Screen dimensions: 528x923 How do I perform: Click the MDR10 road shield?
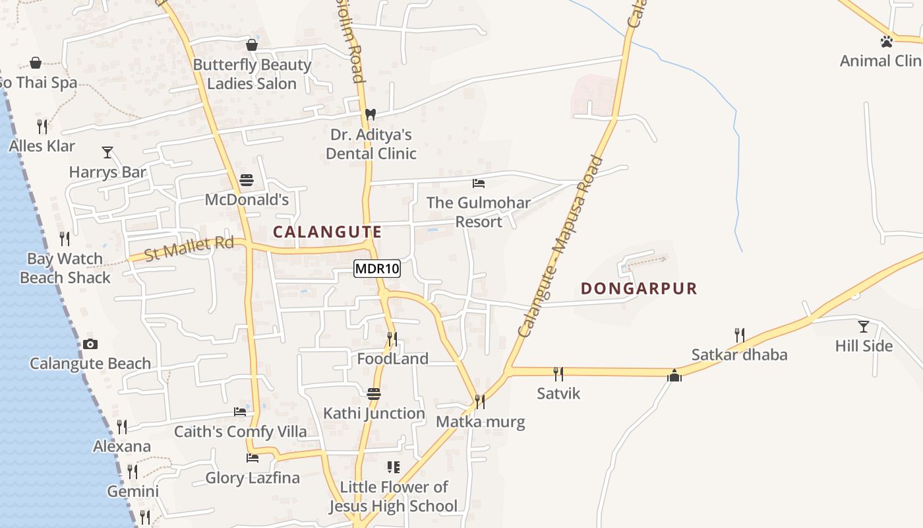click(x=376, y=269)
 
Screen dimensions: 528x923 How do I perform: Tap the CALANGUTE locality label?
click(x=327, y=232)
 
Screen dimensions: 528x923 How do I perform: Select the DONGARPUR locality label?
click(x=639, y=288)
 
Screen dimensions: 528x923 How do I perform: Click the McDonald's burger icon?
click(x=247, y=180)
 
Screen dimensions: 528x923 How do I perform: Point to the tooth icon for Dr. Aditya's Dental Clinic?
click(x=371, y=114)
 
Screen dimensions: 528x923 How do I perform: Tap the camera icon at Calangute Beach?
click(x=90, y=344)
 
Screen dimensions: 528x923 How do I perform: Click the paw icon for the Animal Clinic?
click(x=886, y=42)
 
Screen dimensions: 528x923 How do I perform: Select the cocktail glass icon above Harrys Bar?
click(x=107, y=152)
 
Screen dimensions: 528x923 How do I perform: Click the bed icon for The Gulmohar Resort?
click(x=479, y=183)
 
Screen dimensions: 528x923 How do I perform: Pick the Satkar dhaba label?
click(x=739, y=354)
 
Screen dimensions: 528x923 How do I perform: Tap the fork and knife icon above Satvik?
click(x=558, y=374)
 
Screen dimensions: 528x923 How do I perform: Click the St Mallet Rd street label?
click(x=189, y=247)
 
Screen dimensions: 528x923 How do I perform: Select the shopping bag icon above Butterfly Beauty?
click(x=251, y=45)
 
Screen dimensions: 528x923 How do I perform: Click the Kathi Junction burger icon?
click(x=374, y=394)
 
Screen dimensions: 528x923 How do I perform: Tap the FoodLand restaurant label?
click(x=392, y=358)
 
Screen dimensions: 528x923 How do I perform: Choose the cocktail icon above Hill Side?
click(x=863, y=326)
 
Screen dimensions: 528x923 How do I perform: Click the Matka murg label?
click(x=481, y=422)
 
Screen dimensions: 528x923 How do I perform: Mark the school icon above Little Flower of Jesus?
click(x=394, y=467)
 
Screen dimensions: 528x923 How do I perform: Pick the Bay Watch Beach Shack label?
click(x=65, y=268)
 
